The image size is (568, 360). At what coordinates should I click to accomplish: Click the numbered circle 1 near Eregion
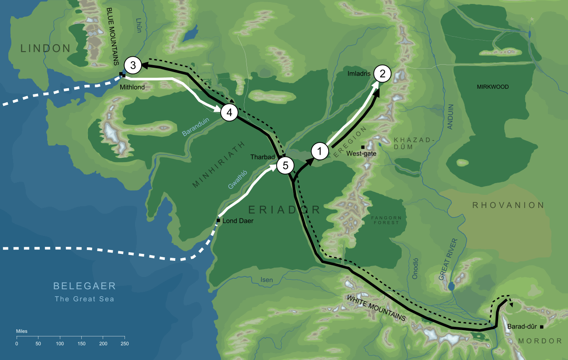coord(320,151)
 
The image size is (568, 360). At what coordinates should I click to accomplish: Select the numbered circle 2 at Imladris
coord(382,74)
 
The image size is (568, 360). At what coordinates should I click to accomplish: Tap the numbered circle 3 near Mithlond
coord(133,66)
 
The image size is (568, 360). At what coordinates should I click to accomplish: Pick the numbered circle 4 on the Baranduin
coord(229,112)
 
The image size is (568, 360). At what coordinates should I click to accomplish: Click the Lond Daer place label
coord(238,221)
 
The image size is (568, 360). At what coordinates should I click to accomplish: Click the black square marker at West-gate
coord(363,147)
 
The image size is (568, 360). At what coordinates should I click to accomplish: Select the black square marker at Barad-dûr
coord(541,327)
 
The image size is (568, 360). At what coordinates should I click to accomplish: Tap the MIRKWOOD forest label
coord(493,87)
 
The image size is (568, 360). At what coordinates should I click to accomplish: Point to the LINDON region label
coord(45,48)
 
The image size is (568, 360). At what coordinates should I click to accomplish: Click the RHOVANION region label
coord(507,205)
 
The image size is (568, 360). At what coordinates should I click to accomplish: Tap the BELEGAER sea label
coord(84,287)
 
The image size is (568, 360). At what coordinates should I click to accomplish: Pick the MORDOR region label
coord(540,341)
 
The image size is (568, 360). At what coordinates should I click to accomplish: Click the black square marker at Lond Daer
coord(218,220)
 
